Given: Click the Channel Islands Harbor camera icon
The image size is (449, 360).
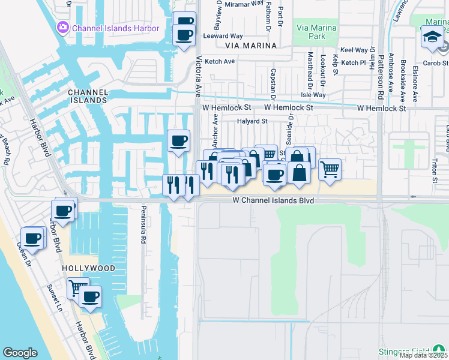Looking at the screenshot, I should tap(63, 28).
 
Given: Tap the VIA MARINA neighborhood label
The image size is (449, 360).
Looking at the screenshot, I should tap(251, 46).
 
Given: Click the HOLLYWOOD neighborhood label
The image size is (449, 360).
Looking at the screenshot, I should tap(88, 268).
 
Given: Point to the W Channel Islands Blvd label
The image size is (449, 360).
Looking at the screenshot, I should tap(273, 200).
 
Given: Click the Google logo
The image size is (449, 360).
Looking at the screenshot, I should tap(20, 353).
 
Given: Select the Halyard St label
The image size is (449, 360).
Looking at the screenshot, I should tap(252, 121).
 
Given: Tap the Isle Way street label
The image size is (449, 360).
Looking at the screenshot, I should tap(313, 95).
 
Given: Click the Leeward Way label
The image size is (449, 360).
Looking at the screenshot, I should tap(222, 36).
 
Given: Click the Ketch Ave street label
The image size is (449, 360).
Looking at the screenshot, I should tap(220, 61).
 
